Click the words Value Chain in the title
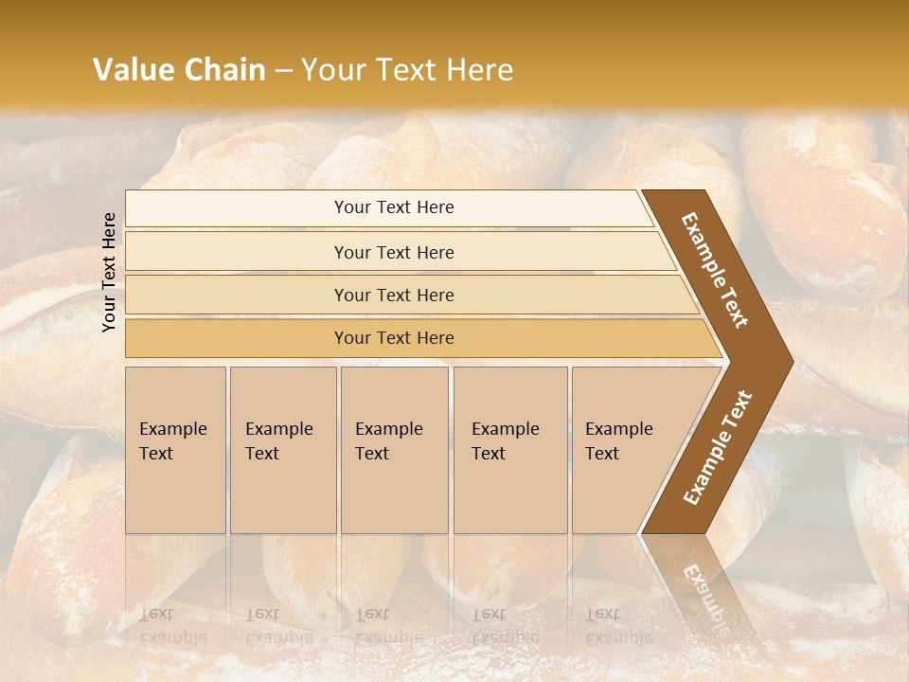[x=179, y=70]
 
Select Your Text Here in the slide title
[x=407, y=70]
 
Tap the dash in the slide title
[x=283, y=71]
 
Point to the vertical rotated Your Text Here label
[x=109, y=272]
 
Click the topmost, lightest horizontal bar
[x=393, y=207]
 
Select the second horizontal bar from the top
[x=393, y=252]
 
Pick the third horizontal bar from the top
[x=393, y=295]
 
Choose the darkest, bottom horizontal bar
[x=393, y=338]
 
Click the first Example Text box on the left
[x=175, y=450]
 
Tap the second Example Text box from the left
[x=282, y=450]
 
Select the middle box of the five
[x=394, y=450]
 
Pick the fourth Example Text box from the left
[x=509, y=450]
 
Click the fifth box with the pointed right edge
[x=625, y=450]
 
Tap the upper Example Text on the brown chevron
[x=715, y=270]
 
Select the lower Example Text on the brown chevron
[x=717, y=447]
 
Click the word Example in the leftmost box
[x=172, y=429]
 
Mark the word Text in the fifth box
[x=602, y=454]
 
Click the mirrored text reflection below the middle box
[x=388, y=626]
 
